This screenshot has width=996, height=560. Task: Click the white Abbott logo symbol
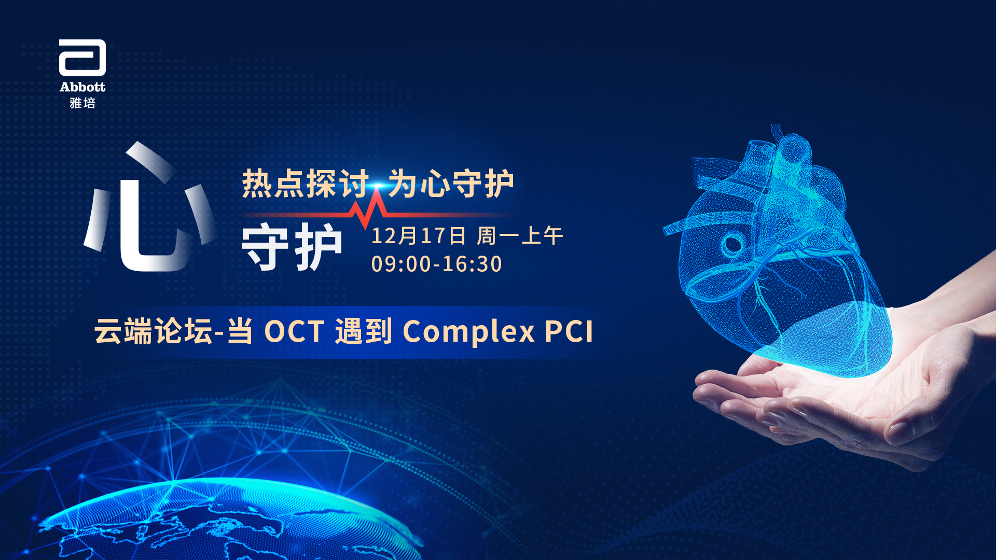pos(82,58)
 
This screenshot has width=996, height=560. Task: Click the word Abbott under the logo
pos(82,87)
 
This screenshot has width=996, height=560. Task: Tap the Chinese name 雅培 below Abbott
pos(82,103)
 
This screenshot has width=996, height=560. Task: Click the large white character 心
pos(150,207)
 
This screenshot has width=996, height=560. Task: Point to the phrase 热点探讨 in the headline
pos(305,184)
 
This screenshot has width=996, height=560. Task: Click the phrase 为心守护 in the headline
pos(451,184)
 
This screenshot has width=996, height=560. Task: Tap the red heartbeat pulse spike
pos(369,208)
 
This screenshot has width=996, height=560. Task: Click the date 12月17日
pos(419,236)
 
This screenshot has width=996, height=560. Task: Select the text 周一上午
pos(520,236)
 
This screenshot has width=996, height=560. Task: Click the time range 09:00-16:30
pos(437,264)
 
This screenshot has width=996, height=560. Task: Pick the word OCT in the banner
pos(295,331)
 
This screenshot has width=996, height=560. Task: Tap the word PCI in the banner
pos(569,331)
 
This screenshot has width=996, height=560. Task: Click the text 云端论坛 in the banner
pos(154,331)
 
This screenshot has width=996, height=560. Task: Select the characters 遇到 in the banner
pos(364,331)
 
